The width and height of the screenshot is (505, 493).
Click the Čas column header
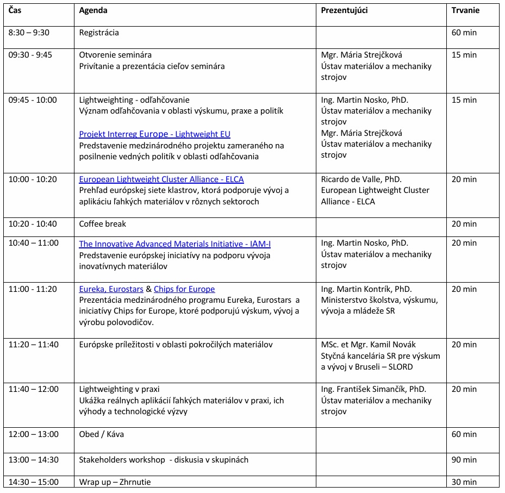coord(15,10)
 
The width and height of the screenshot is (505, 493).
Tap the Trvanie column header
coord(466,10)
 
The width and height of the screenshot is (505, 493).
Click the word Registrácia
coord(99,33)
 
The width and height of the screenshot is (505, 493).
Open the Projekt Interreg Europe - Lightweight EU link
coord(155,134)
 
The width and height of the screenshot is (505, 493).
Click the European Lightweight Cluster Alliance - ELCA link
coord(161,179)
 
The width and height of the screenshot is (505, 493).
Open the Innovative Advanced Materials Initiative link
coord(175,244)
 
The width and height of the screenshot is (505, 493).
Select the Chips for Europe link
coord(184,289)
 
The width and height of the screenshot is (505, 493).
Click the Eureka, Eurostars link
coord(111,289)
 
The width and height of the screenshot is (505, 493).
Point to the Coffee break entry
coord(103,224)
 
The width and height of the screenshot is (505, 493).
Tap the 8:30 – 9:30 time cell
coord(29,33)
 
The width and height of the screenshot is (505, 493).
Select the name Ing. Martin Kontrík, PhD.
coord(366,289)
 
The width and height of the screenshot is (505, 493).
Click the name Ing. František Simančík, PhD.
coord(373,389)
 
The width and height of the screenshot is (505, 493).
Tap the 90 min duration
coord(464,460)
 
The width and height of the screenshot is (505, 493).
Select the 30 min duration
coord(464,482)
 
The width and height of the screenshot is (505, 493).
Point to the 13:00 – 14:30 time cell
coord(33,460)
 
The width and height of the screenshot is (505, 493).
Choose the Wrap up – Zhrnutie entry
coord(115,482)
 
